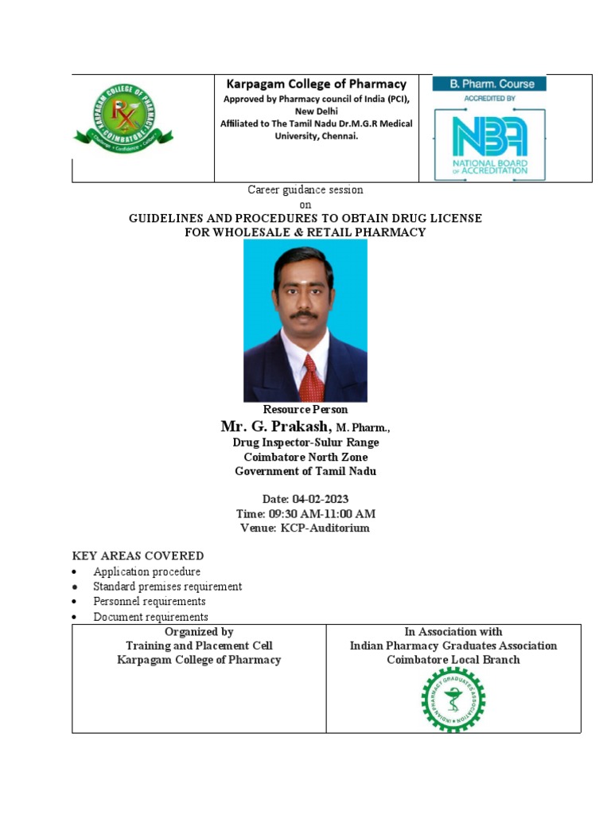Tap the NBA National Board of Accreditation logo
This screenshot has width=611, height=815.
click(489, 140)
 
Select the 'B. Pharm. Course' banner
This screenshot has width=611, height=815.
click(488, 83)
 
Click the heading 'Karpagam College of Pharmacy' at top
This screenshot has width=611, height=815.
click(317, 84)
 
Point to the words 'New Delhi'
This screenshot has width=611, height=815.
click(317, 111)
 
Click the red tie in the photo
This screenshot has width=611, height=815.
click(312, 378)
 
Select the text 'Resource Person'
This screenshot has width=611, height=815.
click(305, 409)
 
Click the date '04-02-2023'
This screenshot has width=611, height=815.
click(321, 499)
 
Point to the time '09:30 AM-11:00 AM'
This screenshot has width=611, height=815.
click(324, 513)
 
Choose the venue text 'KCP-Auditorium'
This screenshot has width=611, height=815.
click(325, 528)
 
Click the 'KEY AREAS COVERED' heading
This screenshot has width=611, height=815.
click(138, 556)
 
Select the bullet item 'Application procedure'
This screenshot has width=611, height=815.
click(146, 571)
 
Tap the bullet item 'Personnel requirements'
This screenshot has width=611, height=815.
click(149, 602)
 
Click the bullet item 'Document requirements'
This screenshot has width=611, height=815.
click(150, 617)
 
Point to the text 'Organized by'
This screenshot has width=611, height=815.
click(199, 631)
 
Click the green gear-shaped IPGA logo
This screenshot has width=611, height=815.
click(453, 699)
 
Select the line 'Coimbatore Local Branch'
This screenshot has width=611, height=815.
click(453, 660)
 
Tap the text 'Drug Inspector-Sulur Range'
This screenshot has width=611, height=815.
click(305, 442)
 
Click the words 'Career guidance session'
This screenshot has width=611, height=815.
click(305, 189)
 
